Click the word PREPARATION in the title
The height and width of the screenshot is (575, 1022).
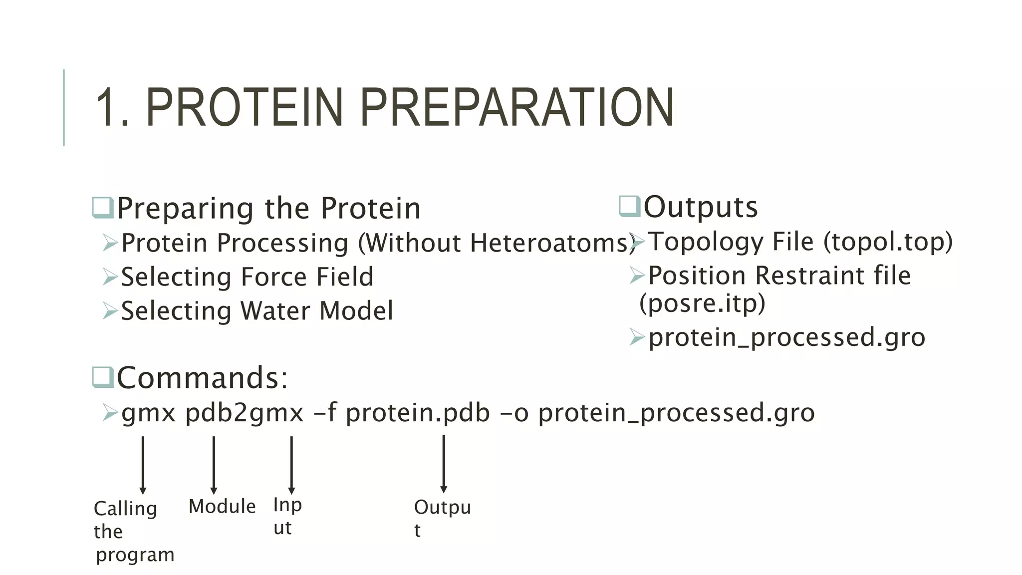516,107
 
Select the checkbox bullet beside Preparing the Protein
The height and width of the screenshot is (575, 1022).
103,208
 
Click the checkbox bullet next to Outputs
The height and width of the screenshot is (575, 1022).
629,206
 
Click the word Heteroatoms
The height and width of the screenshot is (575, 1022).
549,243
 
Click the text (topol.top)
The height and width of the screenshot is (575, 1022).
888,242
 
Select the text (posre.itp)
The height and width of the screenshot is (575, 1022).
702,303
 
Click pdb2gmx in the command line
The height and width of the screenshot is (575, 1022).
244,413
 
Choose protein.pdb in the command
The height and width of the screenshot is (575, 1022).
418,413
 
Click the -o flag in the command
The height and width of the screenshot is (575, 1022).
514,413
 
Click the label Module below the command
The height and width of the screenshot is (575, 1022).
222,507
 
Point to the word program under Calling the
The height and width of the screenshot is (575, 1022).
135,555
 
